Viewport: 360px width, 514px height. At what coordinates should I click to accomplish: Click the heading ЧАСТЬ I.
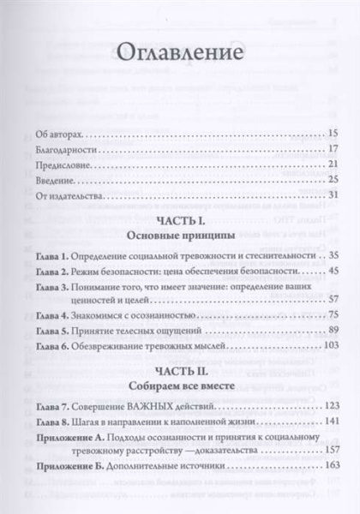(x=180, y=221)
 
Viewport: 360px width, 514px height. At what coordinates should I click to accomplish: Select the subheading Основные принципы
(x=180, y=236)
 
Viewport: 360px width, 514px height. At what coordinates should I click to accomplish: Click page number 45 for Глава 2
(x=335, y=271)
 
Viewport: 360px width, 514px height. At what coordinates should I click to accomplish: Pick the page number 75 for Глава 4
(x=335, y=316)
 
